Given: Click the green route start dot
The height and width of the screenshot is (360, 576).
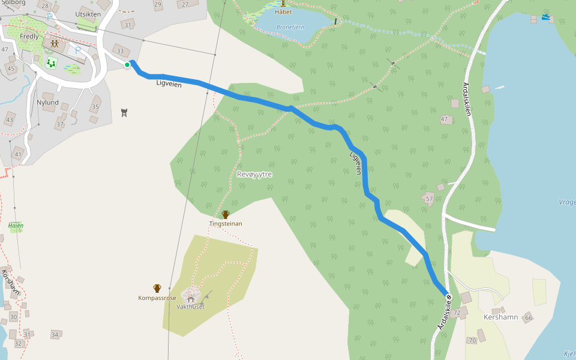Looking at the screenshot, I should tap(127, 65).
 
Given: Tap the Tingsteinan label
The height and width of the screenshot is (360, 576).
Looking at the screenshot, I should tap(226, 224).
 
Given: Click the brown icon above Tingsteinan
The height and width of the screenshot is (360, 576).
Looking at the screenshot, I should tap(226, 214).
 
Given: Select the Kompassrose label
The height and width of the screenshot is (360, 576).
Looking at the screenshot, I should tap(157, 298).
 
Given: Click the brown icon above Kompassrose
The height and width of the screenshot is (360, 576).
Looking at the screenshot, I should tap(157, 288).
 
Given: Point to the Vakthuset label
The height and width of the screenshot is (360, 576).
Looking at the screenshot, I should tap(191, 307).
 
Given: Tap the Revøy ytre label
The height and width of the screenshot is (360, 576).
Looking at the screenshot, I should tap(254, 174).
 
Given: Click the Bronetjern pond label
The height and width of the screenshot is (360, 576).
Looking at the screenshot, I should tap(291, 27).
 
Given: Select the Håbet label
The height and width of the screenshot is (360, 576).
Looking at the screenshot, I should tap(283, 11).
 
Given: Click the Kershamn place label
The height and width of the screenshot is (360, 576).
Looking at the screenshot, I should tap(500, 317).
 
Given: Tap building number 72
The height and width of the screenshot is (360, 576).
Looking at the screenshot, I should tap(457, 313).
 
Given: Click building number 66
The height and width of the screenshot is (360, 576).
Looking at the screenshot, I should tap(528, 317).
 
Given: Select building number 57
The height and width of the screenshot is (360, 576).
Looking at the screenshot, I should tap(429, 199).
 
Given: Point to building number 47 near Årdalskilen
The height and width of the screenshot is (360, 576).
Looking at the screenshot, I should tap(445, 119).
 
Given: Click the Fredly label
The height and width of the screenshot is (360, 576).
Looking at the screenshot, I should tap(29, 37).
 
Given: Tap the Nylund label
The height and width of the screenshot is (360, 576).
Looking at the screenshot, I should tap(47, 103).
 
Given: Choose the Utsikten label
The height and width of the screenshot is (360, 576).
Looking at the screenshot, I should tap(86, 14).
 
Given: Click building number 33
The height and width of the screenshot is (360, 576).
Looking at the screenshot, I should tap(121, 52).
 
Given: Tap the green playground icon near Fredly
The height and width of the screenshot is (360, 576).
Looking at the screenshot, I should tap(51, 62).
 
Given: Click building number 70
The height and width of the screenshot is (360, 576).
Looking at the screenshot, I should tap(472, 341).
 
